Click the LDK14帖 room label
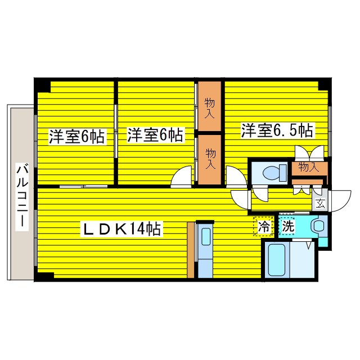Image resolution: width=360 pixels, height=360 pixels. pyautogui.click(x=123, y=229)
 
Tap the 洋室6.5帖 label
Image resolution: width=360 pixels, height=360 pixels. pyautogui.click(x=277, y=130)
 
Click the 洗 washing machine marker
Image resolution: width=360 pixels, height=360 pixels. pyautogui.click(x=287, y=227)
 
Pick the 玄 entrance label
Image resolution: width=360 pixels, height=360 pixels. pyautogui.click(x=320, y=204)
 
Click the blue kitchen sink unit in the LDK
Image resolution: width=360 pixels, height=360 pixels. pyautogui.click(x=205, y=251)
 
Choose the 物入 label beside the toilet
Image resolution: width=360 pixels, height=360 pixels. pyautogui.click(x=309, y=166)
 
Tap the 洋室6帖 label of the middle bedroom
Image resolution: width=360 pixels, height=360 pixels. pyautogui.click(x=155, y=135)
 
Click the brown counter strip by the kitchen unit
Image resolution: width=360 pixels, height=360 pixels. pyautogui.click(x=191, y=250)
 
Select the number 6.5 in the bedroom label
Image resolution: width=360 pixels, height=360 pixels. pyautogui.click(x=287, y=130)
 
